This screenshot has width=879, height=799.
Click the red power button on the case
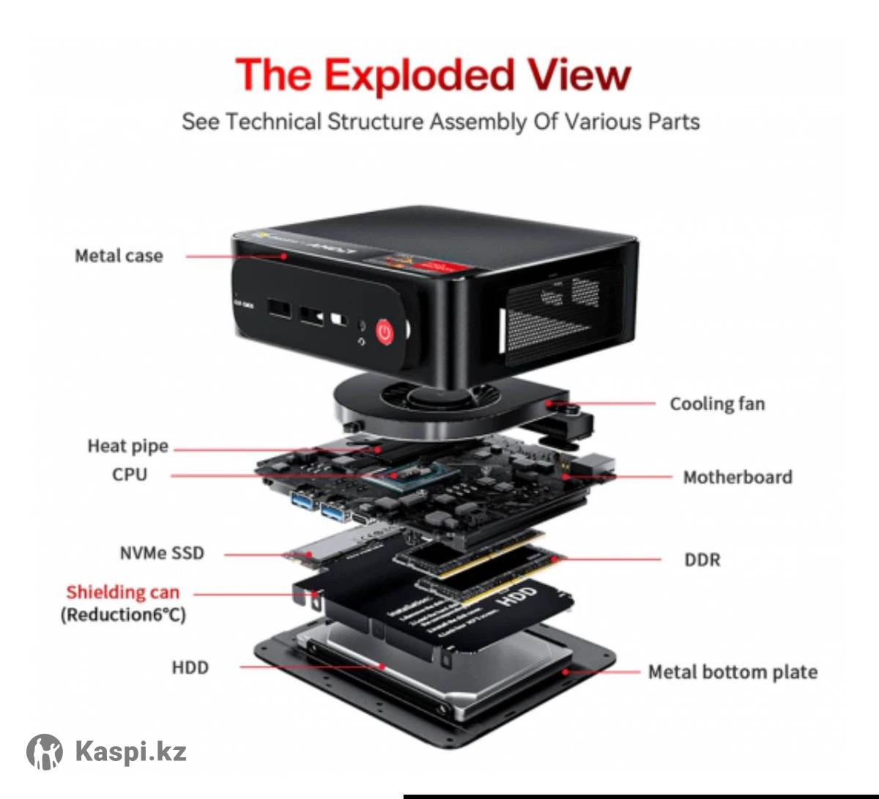click(385, 332)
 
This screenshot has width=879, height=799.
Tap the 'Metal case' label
click(119, 256)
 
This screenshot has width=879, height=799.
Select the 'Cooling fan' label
click(717, 404)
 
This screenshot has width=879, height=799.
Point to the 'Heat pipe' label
click(127, 446)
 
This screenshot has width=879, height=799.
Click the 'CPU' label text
click(130, 475)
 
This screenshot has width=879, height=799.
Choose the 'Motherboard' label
click(738, 477)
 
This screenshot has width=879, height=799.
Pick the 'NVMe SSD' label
click(162, 553)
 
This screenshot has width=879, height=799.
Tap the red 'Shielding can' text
click(122, 592)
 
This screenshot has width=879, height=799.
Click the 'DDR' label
click(702, 560)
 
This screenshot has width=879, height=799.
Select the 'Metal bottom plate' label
click(732, 672)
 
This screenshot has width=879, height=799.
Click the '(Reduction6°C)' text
click(123, 614)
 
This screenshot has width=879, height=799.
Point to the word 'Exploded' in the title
click(419, 75)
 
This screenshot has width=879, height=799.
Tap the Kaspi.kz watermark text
click(131, 751)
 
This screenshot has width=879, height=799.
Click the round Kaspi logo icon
click(45, 751)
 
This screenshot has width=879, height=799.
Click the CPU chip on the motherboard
click(399, 475)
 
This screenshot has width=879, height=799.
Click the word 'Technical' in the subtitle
click(273, 122)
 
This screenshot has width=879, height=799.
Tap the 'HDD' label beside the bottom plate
click(190, 668)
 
